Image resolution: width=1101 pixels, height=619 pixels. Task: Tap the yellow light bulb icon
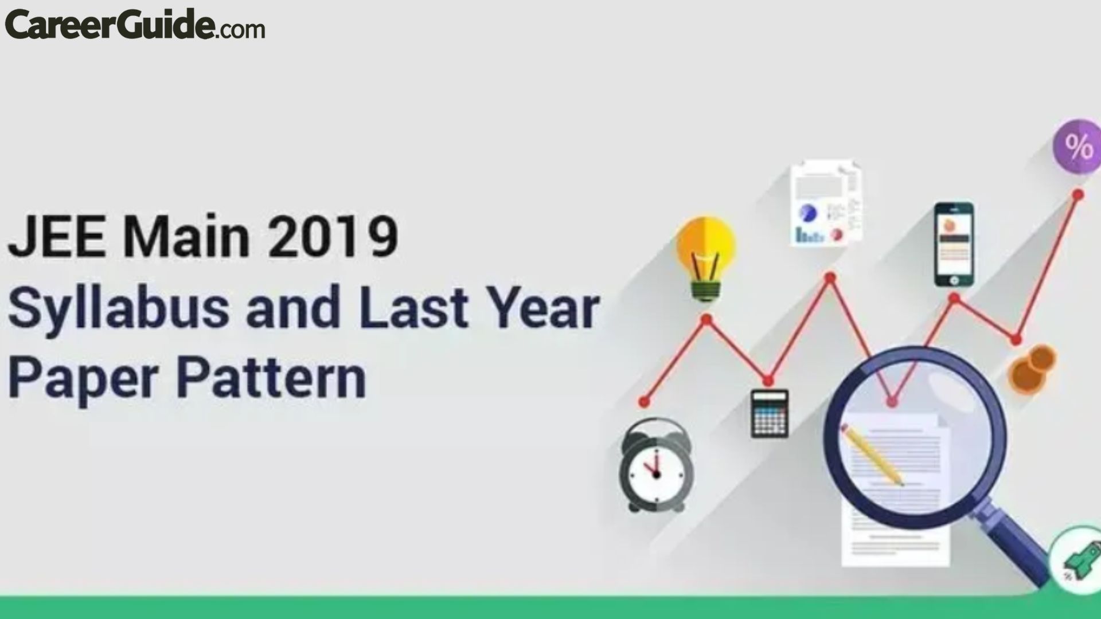(706, 258)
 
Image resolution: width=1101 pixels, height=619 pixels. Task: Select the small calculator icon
(770, 413)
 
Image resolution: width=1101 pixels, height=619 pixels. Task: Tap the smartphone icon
(954, 244)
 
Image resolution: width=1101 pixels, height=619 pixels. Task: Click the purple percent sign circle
(1077, 146)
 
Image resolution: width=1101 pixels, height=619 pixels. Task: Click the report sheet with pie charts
(826, 203)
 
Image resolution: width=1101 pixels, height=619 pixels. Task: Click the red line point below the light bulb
(706, 319)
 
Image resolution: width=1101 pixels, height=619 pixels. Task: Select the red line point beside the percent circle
(1077, 195)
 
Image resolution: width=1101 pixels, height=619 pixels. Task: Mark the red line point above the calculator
(768, 380)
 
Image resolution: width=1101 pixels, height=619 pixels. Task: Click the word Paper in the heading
(83, 378)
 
